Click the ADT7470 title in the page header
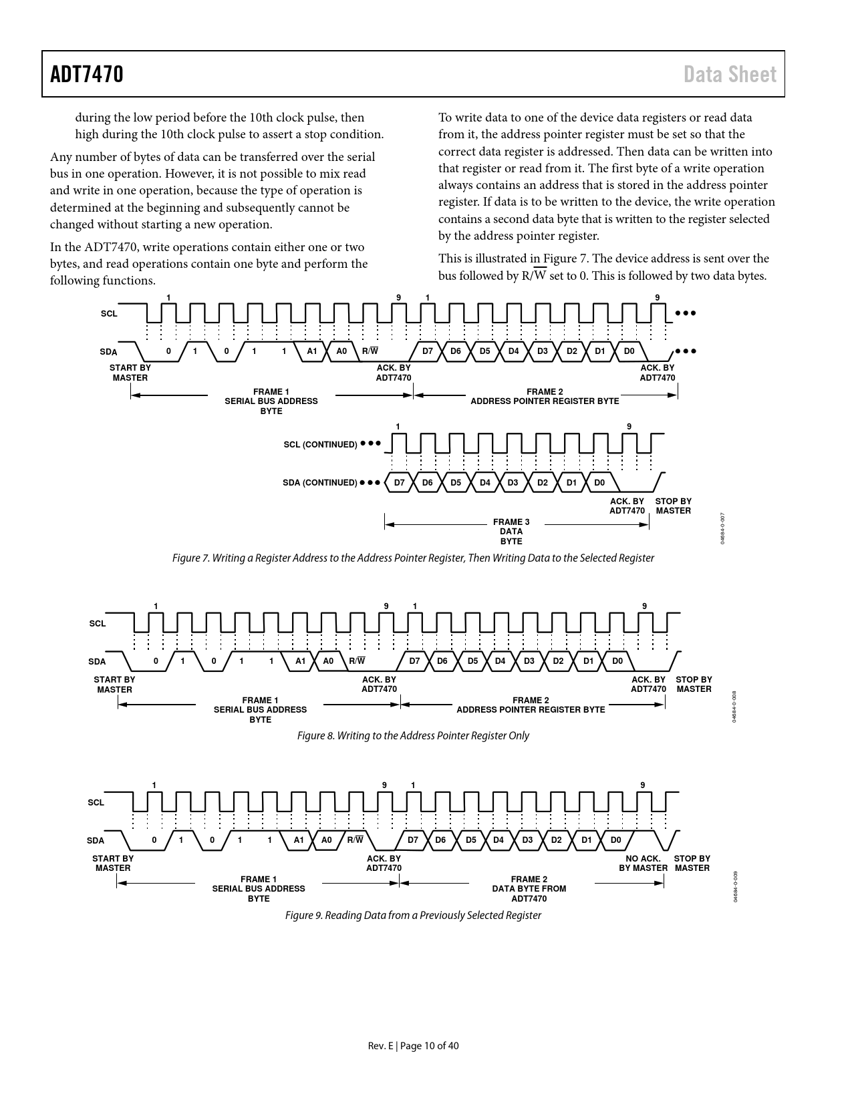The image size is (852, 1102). [x=87, y=74]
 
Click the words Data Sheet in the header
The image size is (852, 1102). [x=730, y=74]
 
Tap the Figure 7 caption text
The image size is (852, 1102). [x=413, y=558]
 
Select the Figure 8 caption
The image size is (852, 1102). [x=413, y=735]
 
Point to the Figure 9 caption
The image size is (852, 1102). [x=413, y=915]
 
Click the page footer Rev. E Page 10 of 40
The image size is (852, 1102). [x=413, y=1045]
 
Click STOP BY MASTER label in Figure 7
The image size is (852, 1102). [x=674, y=506]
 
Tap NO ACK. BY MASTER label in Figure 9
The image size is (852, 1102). [x=643, y=863]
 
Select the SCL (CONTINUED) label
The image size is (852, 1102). [x=321, y=444]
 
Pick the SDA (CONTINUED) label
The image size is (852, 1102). [x=320, y=482]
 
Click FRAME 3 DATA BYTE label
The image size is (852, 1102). [x=511, y=532]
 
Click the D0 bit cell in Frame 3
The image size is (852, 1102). [x=599, y=482]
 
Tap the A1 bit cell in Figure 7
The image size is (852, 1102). [x=312, y=351]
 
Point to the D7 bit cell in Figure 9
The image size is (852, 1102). [x=413, y=840]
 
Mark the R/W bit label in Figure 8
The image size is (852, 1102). [x=357, y=661]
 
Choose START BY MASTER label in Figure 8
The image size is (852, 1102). [x=114, y=685]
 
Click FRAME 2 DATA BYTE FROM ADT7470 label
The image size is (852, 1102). [x=529, y=889]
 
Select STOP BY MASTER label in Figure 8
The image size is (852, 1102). [x=694, y=685]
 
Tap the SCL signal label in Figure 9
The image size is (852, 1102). [x=96, y=802]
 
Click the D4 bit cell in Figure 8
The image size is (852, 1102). [x=500, y=661]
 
